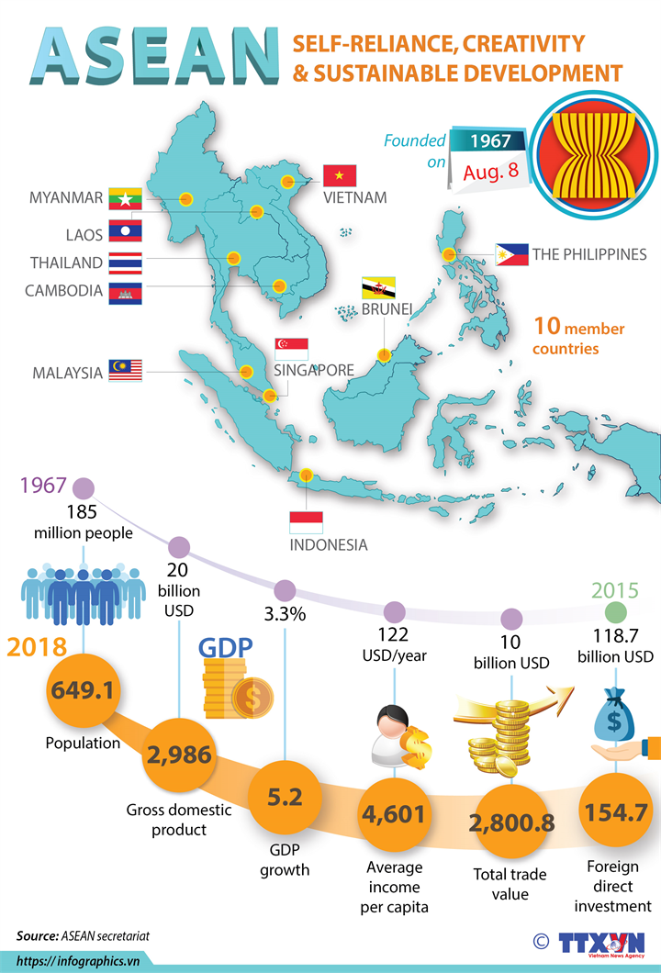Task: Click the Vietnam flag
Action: [339, 175]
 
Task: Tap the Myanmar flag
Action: [125, 197]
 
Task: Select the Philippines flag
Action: [511, 254]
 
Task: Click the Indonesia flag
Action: [306, 522]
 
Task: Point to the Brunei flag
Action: [377, 286]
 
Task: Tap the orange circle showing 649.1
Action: [83, 689]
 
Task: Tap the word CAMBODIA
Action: [63, 291]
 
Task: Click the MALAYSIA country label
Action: [67, 373]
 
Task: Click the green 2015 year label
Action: [615, 589]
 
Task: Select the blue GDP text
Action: [226, 649]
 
